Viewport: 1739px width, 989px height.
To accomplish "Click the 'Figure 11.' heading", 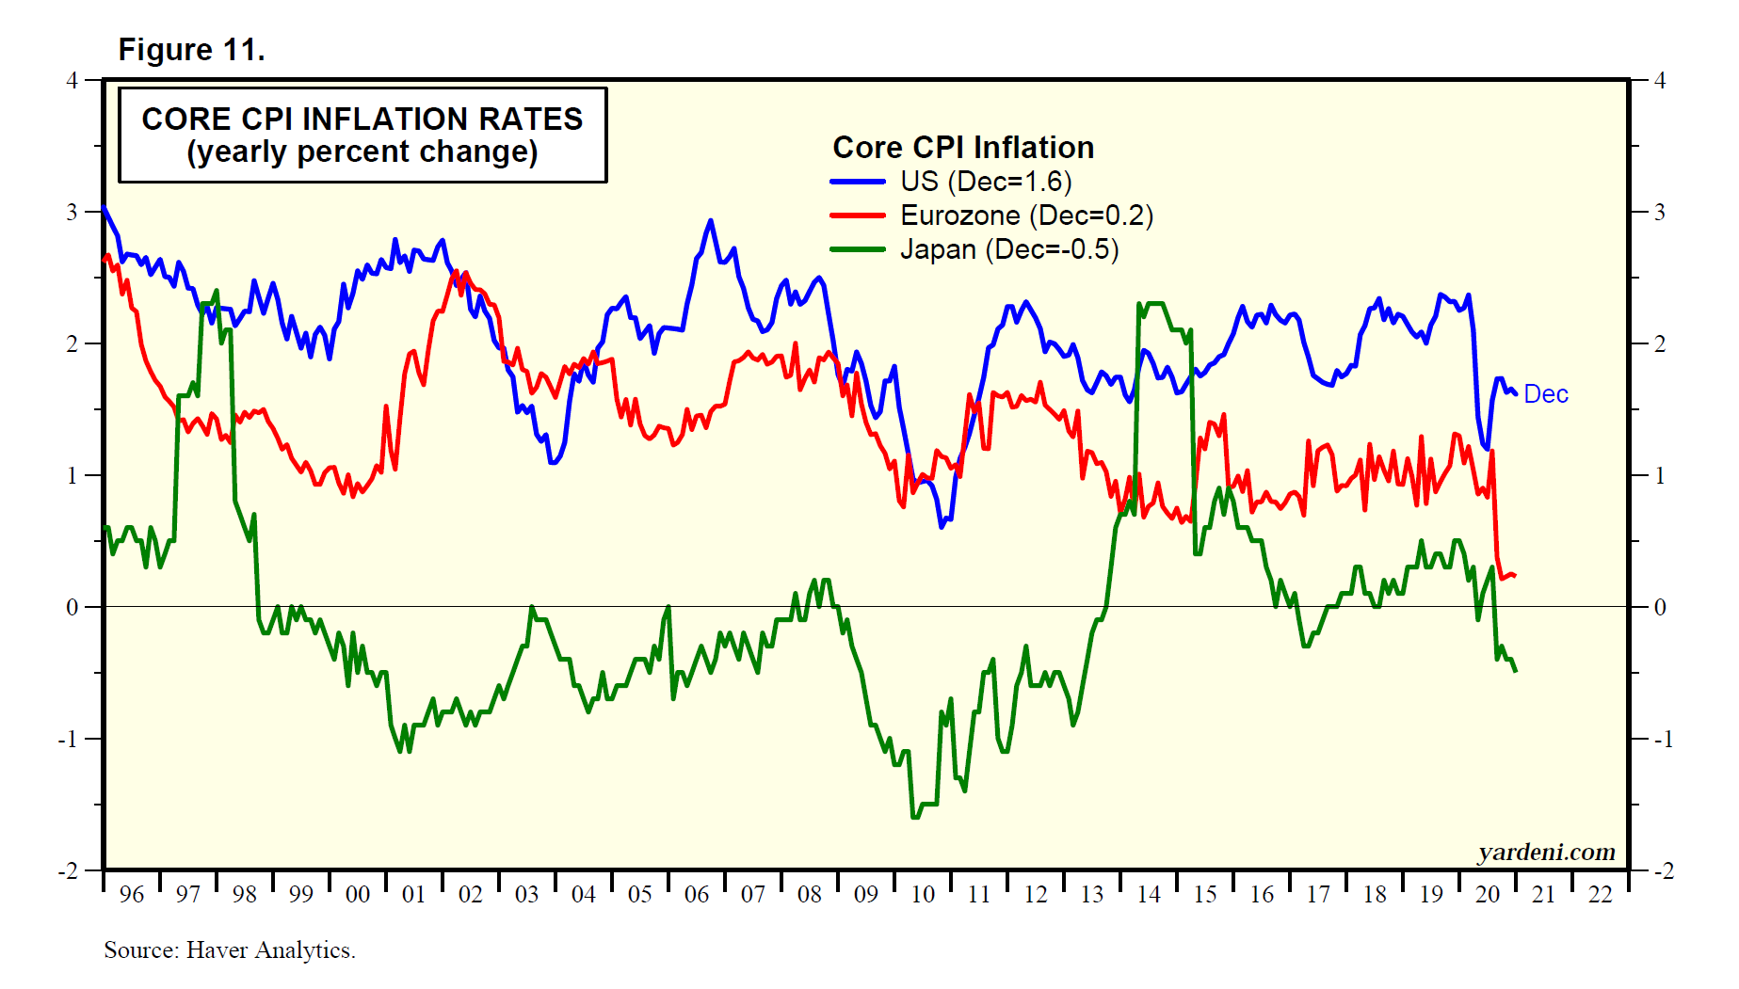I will [191, 50].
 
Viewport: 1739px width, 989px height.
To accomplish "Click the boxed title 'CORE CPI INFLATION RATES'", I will [362, 120].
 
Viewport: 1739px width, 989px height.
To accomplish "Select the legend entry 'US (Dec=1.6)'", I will [986, 182].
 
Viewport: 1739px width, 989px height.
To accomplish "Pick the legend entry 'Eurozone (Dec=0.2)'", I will [1026, 215].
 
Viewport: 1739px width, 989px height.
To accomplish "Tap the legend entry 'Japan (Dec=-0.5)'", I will [1009, 249].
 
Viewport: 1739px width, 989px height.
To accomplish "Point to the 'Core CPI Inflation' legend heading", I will [963, 148].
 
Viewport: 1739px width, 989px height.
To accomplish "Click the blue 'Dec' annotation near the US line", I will [1546, 394].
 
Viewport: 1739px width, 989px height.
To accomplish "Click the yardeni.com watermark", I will [1546, 852].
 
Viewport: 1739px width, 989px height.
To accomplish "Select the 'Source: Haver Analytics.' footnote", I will [230, 950].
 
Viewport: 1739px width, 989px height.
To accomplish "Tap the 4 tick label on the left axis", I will [72, 80].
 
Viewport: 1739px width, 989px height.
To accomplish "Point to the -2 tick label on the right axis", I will [1664, 870].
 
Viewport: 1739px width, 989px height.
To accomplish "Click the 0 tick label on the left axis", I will [72, 607].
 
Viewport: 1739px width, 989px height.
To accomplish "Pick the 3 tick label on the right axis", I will [1660, 212].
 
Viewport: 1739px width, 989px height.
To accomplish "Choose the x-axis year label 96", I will [132, 895].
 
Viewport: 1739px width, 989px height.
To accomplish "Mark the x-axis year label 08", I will [810, 895].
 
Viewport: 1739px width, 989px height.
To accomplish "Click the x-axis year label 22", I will [1601, 895].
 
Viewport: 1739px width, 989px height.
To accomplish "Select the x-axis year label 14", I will [1149, 895].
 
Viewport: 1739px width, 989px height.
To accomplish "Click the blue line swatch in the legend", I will [857, 182].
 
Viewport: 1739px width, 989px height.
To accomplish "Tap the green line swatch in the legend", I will [857, 249].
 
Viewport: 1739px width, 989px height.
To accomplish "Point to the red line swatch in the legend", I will [857, 215].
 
